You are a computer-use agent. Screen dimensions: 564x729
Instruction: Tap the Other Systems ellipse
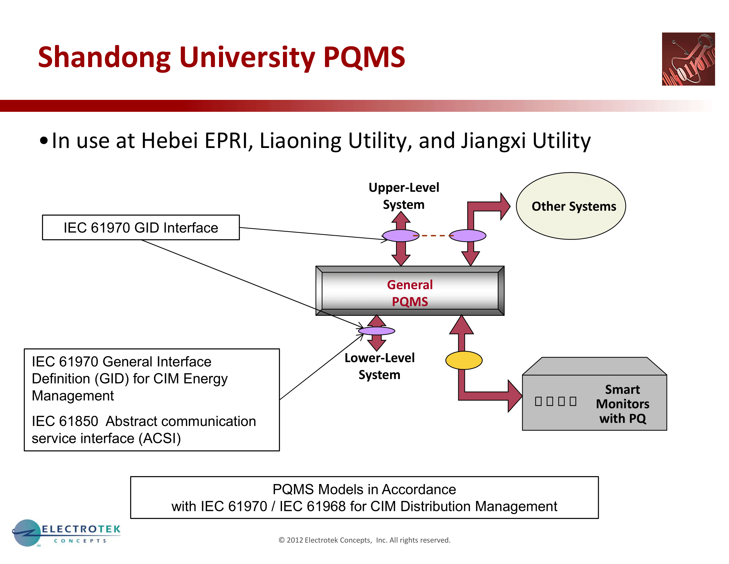(x=571, y=206)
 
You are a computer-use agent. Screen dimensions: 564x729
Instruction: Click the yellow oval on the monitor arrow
(x=464, y=360)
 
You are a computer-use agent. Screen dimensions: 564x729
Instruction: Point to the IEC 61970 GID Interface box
(x=140, y=228)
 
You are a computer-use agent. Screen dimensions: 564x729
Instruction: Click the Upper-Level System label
(x=404, y=196)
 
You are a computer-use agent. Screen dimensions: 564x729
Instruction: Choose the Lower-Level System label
(x=379, y=366)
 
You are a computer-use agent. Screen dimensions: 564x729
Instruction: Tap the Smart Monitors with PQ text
(x=622, y=404)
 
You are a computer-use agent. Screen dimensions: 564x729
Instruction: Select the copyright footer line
(x=364, y=540)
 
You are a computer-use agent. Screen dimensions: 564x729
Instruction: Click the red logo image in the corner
(x=688, y=59)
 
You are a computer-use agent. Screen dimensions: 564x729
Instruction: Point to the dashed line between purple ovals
(x=433, y=236)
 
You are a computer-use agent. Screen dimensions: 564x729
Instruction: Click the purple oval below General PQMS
(x=376, y=331)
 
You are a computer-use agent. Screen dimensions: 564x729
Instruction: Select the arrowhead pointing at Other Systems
(x=505, y=206)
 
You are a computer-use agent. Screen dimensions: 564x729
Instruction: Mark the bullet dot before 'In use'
(x=43, y=141)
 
